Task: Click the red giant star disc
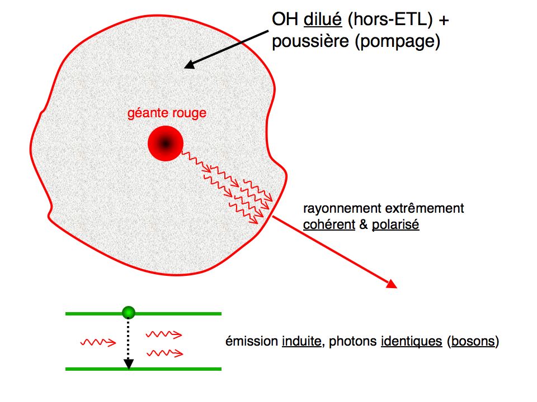pyautogui.click(x=166, y=143)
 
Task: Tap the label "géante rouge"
pyautogui.click(x=167, y=113)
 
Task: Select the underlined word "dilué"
pyautogui.click(x=323, y=19)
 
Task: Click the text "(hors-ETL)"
pyautogui.click(x=391, y=20)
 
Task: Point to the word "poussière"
pyautogui.click(x=310, y=41)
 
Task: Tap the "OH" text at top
pyautogui.click(x=285, y=19)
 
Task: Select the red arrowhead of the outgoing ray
pyautogui.click(x=392, y=284)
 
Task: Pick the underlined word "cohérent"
pyautogui.click(x=329, y=224)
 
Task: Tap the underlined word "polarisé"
pyautogui.click(x=395, y=225)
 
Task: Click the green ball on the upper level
pyautogui.click(x=129, y=313)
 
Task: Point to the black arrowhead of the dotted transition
pyautogui.click(x=129, y=364)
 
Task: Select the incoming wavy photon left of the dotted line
pyautogui.click(x=98, y=342)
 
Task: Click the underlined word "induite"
pyautogui.click(x=302, y=341)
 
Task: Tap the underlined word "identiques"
pyautogui.click(x=411, y=341)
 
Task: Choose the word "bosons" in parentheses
pyautogui.click(x=473, y=341)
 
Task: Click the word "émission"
pyautogui.click(x=252, y=341)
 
